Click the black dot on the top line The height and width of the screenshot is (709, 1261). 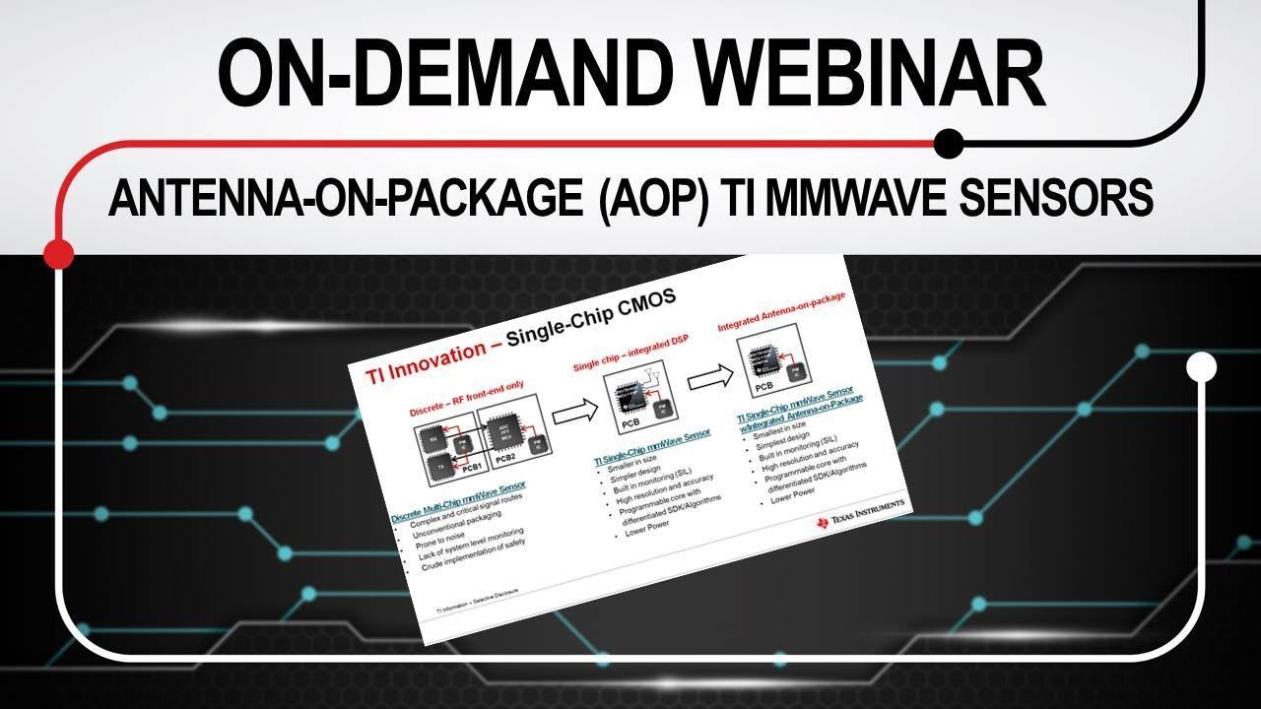pos(948,144)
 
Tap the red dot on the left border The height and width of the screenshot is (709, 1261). pos(59,253)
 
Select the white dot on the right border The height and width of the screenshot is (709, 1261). pos(1201,367)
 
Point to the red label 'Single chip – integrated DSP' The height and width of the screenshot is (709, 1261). pos(625,354)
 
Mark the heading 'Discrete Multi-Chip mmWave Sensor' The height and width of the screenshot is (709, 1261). pos(458,500)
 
